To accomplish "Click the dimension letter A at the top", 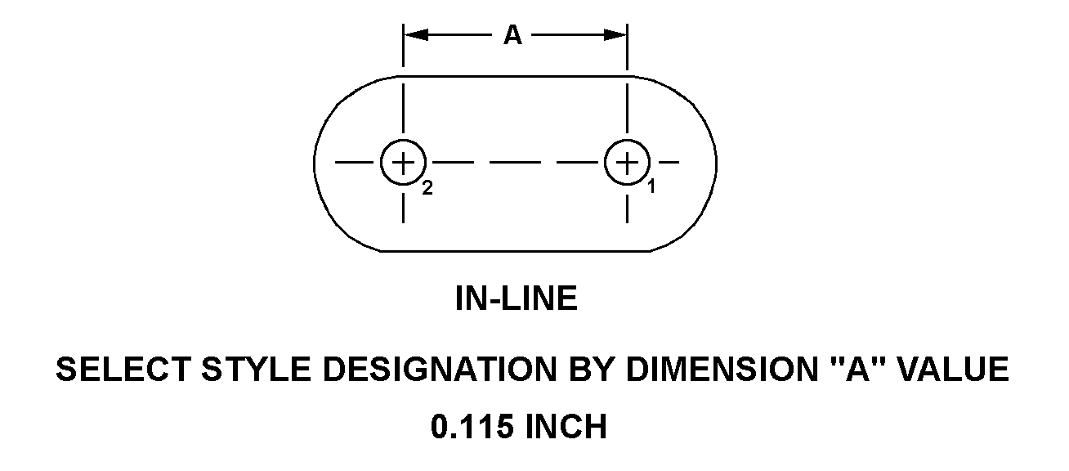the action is pos(512,35).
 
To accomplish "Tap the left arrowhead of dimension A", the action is pos(416,35).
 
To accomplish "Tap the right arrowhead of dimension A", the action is pos(615,35).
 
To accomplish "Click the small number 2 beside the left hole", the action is pos(427,188).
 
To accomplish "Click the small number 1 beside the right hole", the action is pos(651,186).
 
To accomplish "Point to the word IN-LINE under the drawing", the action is pos(517,298).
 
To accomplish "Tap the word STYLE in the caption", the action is pos(257,370).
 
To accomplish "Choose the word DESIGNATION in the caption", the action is pos(440,370).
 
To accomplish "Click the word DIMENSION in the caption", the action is pos(722,370).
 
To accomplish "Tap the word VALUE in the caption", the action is pos(953,370).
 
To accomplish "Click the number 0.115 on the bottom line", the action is pos(472,427).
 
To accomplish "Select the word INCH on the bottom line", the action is pos(566,427).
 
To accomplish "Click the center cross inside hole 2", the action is pos(403,163).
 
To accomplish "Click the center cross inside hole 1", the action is pos(627,163).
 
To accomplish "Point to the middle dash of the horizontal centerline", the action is pos(516,163).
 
